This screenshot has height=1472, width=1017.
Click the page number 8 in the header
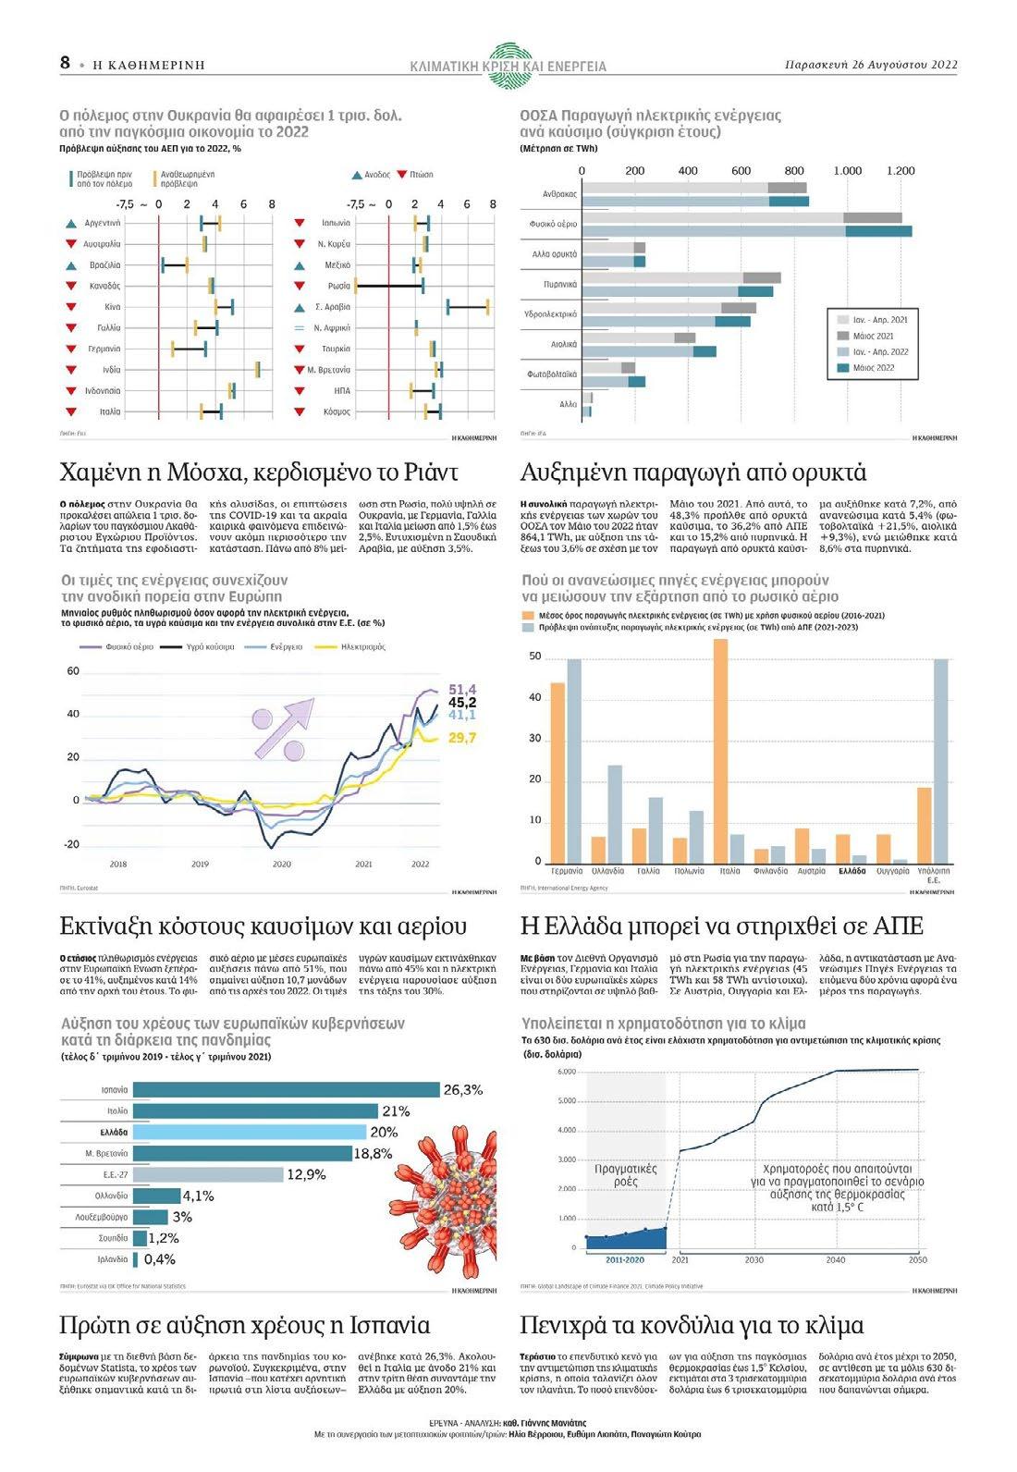click(65, 62)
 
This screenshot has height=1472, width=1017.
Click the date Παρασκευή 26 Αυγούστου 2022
click(870, 65)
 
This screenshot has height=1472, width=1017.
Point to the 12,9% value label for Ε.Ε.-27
click(307, 1174)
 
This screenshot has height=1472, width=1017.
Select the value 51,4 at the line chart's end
click(462, 690)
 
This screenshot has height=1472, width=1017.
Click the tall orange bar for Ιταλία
click(720, 750)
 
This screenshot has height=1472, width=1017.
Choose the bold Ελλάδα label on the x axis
click(852, 871)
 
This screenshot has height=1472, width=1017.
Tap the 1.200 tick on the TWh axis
click(901, 171)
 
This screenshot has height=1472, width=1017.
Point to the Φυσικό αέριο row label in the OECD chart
click(554, 224)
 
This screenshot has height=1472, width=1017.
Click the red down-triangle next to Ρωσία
click(300, 286)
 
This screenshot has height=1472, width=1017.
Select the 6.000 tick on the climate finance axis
click(567, 1072)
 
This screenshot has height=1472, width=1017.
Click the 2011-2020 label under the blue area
click(625, 1260)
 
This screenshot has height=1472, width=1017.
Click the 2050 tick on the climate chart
click(917, 1260)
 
